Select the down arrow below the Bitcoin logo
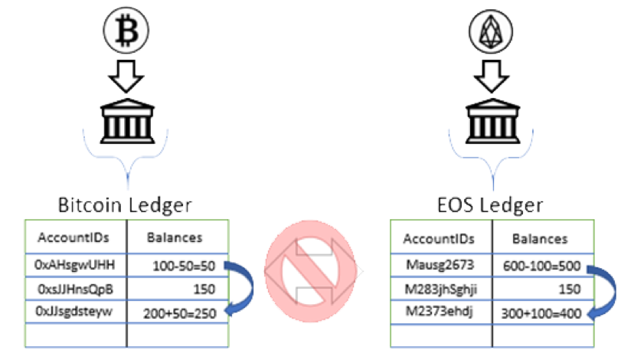click(124, 75)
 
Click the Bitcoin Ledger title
click(125, 205)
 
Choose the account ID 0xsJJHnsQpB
click(75, 289)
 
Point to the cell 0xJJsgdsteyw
click(75, 312)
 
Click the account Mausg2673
click(440, 265)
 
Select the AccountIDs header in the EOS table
click(439, 238)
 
